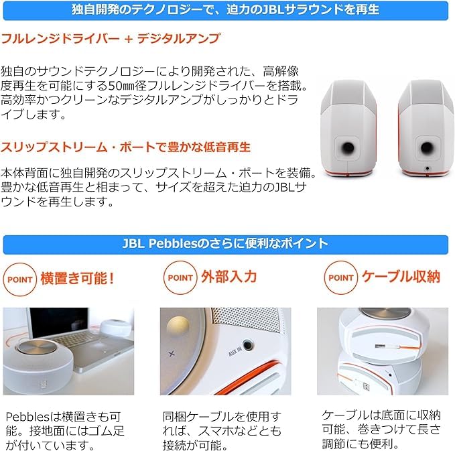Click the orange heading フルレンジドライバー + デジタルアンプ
click(x=111, y=39)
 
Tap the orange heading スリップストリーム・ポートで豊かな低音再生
click(x=126, y=146)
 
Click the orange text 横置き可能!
click(x=78, y=277)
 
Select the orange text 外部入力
click(x=229, y=277)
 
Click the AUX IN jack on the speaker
click(x=249, y=346)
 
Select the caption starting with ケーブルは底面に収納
click(x=381, y=429)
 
